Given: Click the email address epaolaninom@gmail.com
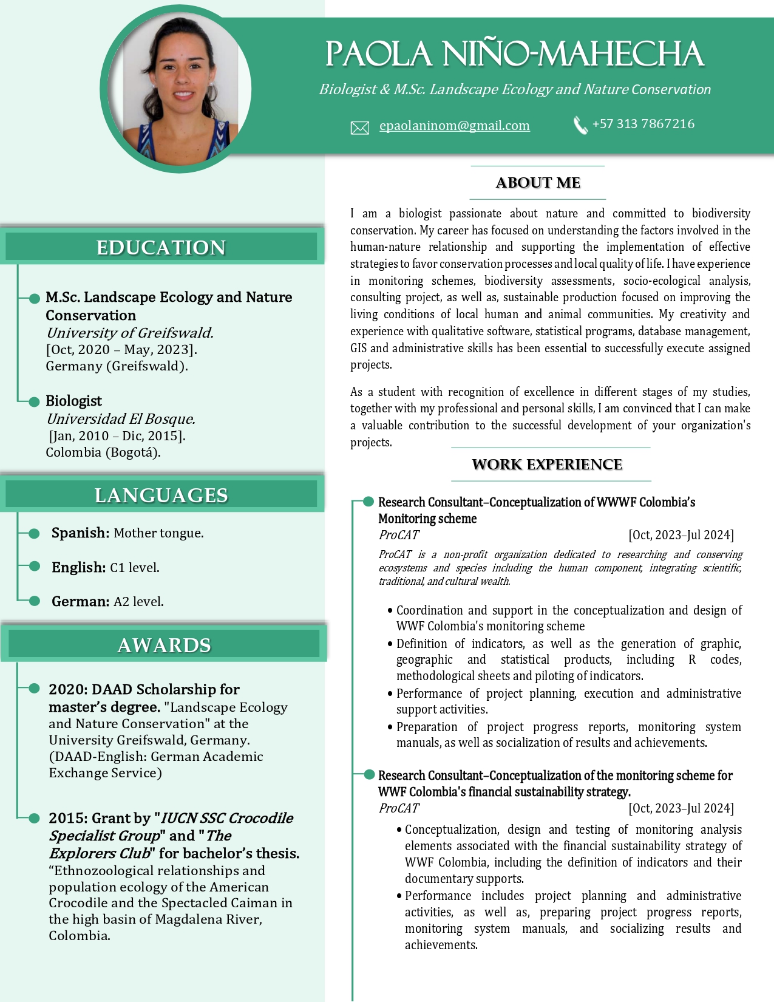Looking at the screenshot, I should coord(454,126).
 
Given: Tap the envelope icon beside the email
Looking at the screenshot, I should coord(360,128).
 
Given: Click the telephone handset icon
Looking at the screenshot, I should coord(580,125).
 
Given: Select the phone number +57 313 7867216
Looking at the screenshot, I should coord(643,124).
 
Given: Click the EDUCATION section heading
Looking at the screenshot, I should coord(161,248).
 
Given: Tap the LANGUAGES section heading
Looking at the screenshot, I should coord(161,496).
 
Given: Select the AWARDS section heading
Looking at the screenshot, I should coord(164,645).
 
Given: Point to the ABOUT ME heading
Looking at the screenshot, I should coord(538,183).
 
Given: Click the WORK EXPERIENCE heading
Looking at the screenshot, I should coord(547,465).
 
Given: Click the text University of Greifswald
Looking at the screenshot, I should coord(129,333).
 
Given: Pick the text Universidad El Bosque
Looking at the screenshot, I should coord(120,419).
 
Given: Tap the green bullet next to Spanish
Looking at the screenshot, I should coord(35,533).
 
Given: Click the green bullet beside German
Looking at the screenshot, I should coord(35,601).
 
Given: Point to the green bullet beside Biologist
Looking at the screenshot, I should coord(35,401).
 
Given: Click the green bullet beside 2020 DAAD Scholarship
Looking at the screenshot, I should coord(35,689).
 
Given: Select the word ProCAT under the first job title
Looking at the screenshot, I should coord(399,535).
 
